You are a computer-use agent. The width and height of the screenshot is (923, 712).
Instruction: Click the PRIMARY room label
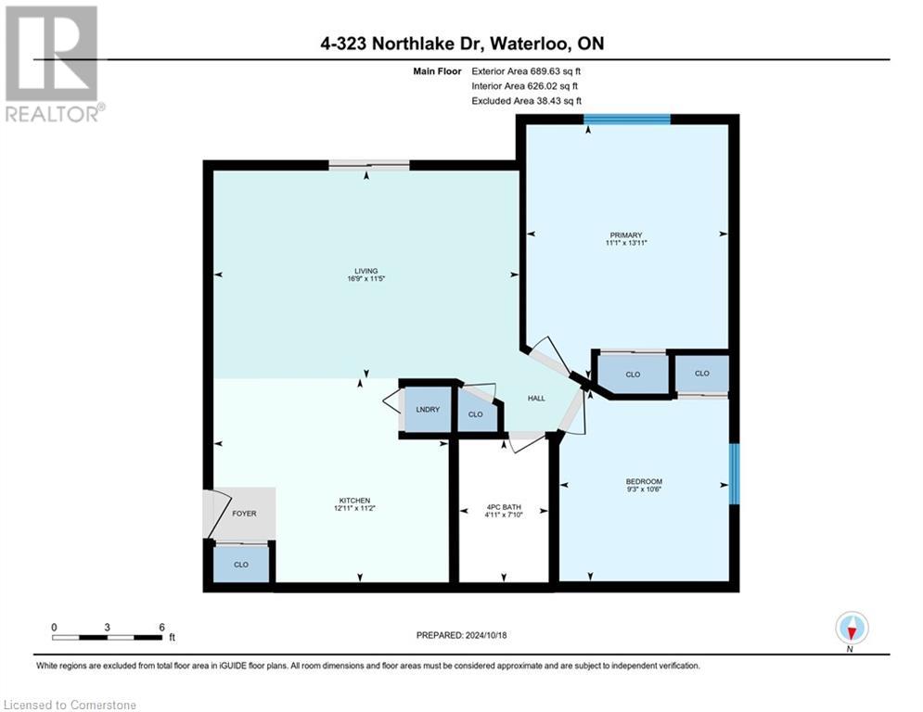point(627,235)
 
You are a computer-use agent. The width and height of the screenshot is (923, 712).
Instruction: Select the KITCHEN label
point(356,500)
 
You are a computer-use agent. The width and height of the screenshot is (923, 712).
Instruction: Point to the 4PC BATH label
point(505,507)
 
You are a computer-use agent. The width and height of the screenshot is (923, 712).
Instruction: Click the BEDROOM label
point(644,481)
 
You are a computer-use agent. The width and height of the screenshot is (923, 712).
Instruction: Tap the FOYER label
point(244,514)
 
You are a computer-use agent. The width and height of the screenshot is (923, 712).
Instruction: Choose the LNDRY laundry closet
point(427,409)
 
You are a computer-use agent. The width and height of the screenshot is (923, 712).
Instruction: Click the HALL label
point(536,399)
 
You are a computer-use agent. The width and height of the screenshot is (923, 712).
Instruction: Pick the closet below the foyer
point(241,564)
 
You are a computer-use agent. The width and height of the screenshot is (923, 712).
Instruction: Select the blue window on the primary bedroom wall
point(626,119)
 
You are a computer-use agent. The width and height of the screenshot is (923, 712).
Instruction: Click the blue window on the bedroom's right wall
point(735,474)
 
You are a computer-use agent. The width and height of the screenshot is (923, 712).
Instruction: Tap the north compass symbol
point(851,629)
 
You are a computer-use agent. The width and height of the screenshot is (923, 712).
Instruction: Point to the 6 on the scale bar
point(161,627)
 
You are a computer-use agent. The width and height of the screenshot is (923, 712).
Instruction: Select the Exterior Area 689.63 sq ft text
point(526,70)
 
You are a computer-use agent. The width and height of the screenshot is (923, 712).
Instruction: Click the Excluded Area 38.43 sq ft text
point(526,100)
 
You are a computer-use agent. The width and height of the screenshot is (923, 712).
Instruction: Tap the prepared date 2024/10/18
point(462,635)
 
